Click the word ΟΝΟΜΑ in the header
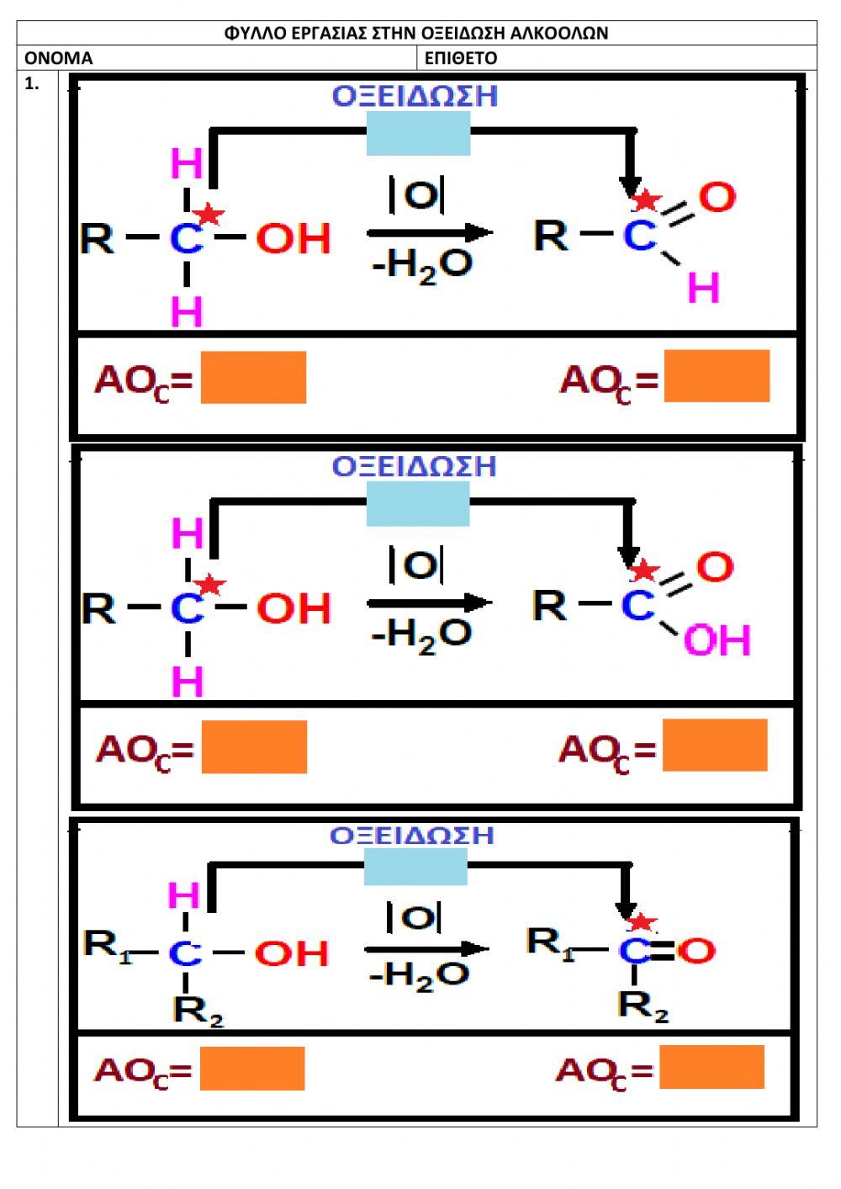tap(58, 58)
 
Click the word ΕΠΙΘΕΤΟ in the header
tap(461, 58)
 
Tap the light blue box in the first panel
tap(418, 134)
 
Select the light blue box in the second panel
tap(417, 505)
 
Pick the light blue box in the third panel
tap(415, 867)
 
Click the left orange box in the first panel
tap(253, 378)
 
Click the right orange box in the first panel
tap(717, 376)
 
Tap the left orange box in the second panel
tap(254, 746)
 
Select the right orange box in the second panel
tap(715, 745)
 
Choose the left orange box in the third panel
tap(252, 1069)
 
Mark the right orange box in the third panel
tap(712, 1067)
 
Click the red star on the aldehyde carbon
tap(646, 200)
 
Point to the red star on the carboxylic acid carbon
tap(644, 571)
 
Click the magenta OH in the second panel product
tap(717, 641)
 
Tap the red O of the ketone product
tap(697, 951)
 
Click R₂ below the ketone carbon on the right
tap(643, 1005)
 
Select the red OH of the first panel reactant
tap(294, 239)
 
